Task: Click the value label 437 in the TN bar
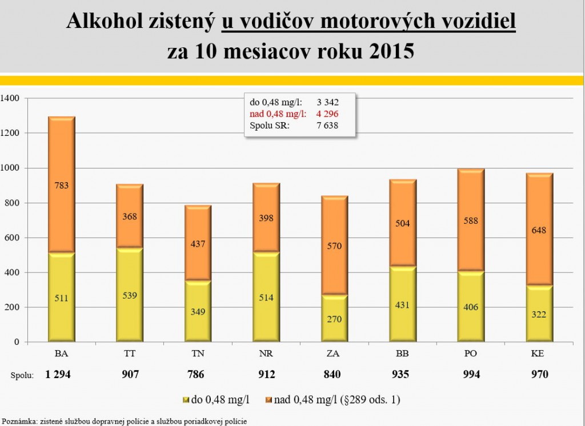197,244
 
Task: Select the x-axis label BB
402,353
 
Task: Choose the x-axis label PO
470,353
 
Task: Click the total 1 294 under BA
60,375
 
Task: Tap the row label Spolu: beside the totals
22,375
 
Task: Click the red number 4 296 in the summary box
327,114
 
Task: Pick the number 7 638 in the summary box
327,125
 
